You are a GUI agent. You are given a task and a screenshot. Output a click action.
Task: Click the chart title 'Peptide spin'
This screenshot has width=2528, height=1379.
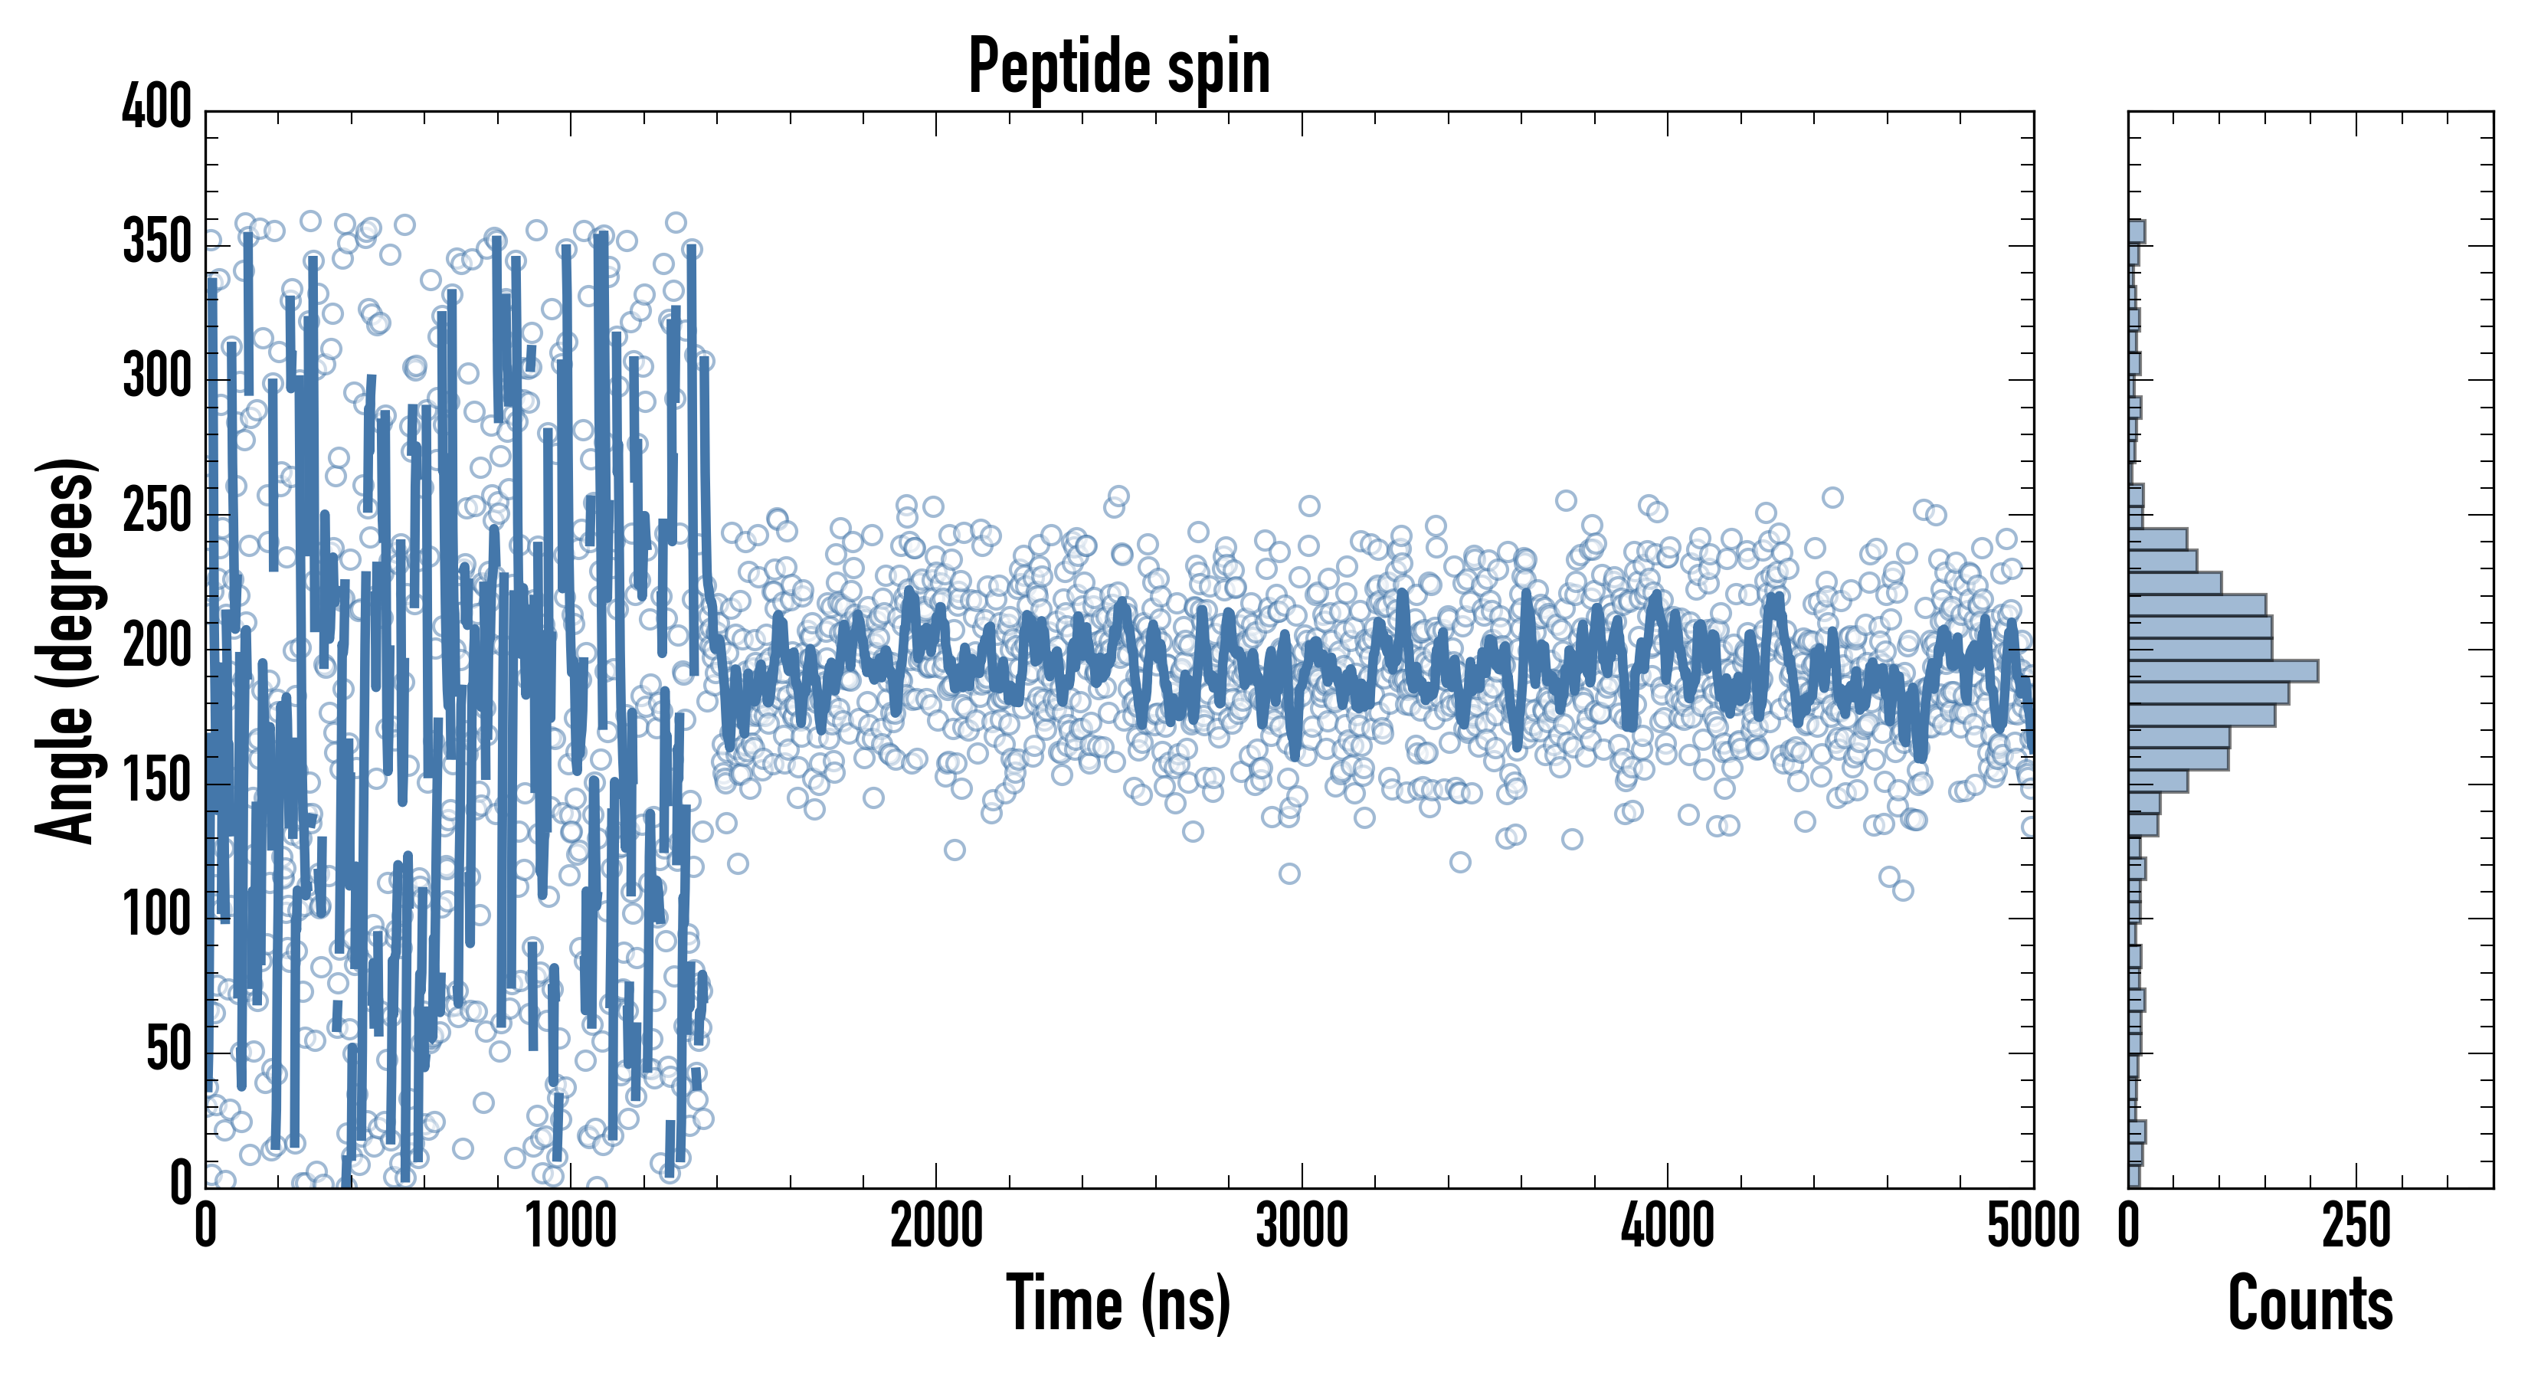pos(1118,67)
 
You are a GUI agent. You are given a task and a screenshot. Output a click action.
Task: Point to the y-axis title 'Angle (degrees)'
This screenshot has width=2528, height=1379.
pos(67,650)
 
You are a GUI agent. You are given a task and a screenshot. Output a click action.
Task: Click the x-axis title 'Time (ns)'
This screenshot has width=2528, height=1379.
pos(1118,1303)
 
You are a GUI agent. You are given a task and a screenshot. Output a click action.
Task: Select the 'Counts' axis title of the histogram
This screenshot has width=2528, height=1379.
pos(2310,1303)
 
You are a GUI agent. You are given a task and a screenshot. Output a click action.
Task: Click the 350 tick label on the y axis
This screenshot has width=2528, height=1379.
pos(157,241)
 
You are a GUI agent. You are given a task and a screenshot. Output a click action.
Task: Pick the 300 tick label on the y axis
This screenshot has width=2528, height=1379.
pos(157,377)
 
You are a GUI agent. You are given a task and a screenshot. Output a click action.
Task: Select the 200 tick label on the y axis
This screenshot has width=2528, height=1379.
pos(157,647)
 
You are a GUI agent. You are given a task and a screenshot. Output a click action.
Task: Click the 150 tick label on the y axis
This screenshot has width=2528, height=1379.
pos(157,781)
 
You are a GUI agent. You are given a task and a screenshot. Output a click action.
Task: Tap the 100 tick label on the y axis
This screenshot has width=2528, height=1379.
pos(157,916)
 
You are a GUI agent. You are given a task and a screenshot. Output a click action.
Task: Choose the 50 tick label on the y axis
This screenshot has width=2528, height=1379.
pos(168,1050)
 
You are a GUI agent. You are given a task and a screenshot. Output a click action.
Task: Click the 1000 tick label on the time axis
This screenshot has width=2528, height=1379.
pos(571,1227)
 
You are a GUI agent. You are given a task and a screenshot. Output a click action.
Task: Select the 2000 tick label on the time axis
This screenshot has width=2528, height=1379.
pos(936,1227)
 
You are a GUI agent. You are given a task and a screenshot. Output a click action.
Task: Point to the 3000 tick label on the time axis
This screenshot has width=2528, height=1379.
pos(1302,1227)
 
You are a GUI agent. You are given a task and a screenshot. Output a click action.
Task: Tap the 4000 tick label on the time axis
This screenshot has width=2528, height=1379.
pos(1668,1227)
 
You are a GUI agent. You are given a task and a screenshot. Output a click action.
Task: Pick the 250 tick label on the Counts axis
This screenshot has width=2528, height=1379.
pos(2356,1227)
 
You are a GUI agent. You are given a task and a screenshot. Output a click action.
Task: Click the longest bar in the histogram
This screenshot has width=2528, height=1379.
pos(2223,671)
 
